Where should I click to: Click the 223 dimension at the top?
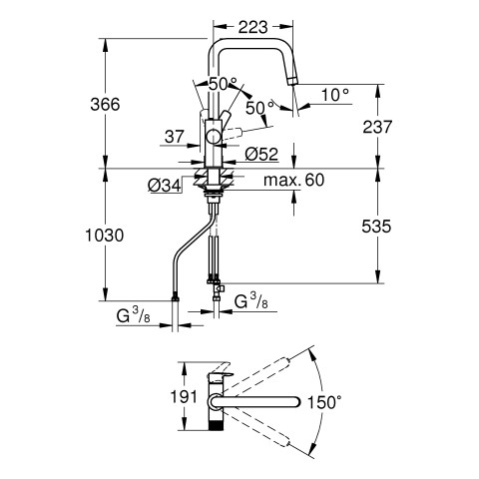[252, 28]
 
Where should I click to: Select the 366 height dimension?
[105, 105]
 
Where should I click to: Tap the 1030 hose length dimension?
[105, 236]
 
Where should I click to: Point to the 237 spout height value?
[377, 127]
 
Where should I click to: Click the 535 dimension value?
[376, 227]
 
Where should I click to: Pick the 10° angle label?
[335, 95]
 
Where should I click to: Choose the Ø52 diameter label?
[261, 155]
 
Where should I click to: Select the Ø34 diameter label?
[165, 186]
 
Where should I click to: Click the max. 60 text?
[293, 180]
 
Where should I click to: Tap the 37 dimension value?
[175, 137]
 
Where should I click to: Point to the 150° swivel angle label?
[324, 402]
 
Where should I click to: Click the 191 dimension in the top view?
[184, 396]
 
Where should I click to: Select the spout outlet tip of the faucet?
[292, 81]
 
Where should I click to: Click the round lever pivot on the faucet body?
[214, 137]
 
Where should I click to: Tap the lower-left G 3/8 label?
[133, 316]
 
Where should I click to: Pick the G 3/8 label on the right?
[250, 302]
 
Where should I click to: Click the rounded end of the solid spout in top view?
[296, 402]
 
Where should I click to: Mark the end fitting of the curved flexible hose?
[175, 298]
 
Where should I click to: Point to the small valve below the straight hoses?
[218, 288]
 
